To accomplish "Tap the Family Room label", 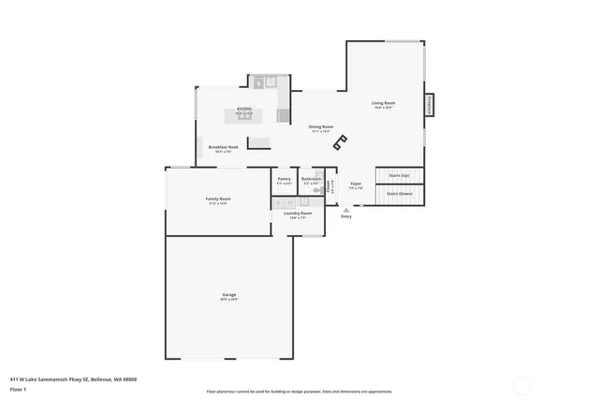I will click(218, 200).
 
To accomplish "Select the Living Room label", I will click(383, 104).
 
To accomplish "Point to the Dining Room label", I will click(321, 127).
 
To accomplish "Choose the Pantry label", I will click(284, 180).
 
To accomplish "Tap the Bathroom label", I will click(311, 180).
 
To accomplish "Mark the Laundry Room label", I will click(299, 215).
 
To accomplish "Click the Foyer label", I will click(356, 185).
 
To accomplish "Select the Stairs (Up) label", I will click(400, 175).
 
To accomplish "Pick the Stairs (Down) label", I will click(400, 194).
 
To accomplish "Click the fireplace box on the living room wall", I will click(431, 105).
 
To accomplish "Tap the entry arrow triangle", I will click(346, 211).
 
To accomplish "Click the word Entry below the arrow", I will click(346, 217).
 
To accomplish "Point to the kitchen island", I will click(244, 115).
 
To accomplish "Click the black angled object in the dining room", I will click(341, 143).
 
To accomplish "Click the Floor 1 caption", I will click(19, 388).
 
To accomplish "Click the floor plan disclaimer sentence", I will click(299, 392).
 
